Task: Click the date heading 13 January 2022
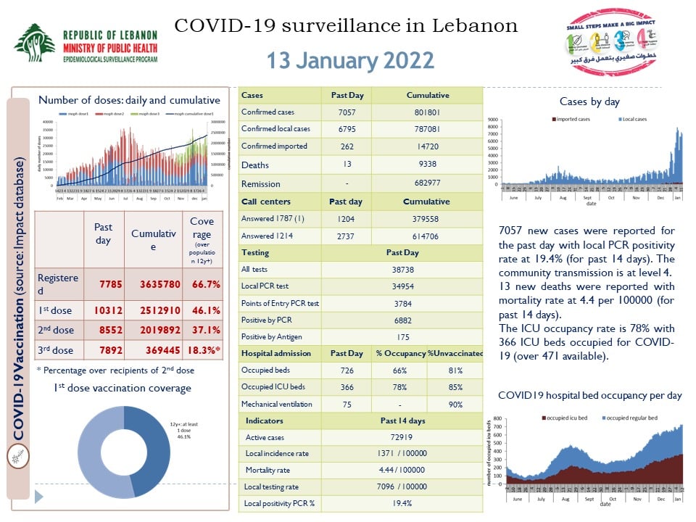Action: [350, 60]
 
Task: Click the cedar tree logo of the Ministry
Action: [35, 43]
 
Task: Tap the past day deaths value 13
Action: [347, 165]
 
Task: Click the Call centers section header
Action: [265, 202]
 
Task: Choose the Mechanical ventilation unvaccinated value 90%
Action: [455, 405]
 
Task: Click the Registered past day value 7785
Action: [104, 285]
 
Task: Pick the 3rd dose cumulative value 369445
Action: [154, 350]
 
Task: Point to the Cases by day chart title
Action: [589, 102]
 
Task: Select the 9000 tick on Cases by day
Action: [492, 119]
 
